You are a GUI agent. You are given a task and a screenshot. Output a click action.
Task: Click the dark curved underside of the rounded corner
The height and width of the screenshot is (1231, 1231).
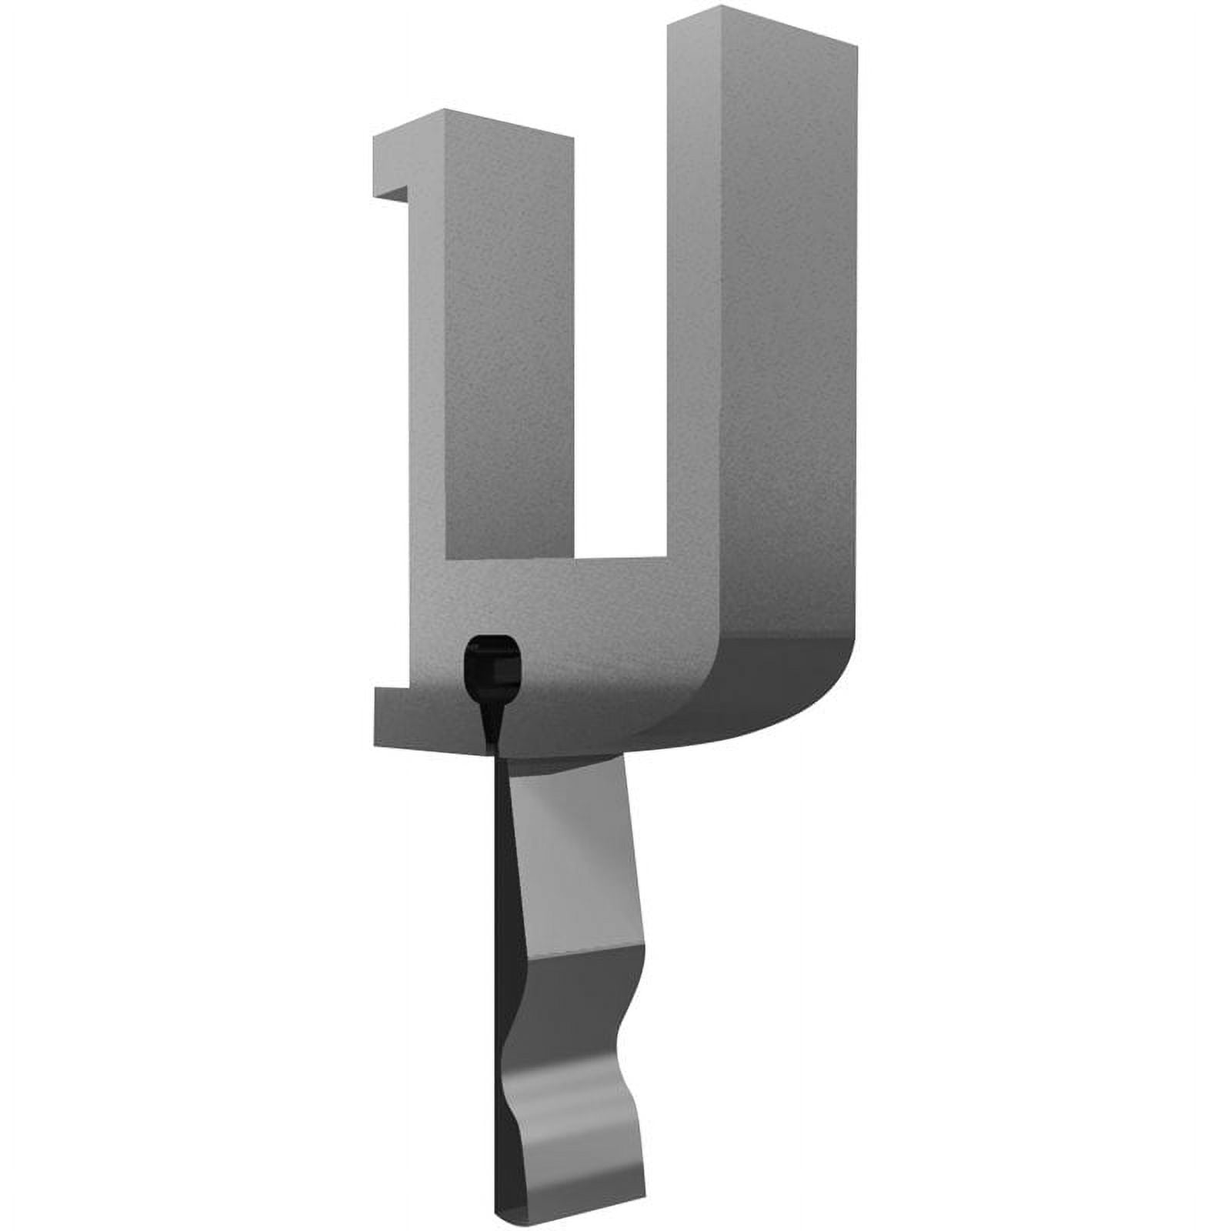769,685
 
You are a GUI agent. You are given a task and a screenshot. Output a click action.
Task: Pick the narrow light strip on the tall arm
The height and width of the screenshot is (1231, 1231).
692,308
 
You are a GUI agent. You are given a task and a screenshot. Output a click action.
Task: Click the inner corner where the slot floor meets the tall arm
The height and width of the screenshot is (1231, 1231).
663,555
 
